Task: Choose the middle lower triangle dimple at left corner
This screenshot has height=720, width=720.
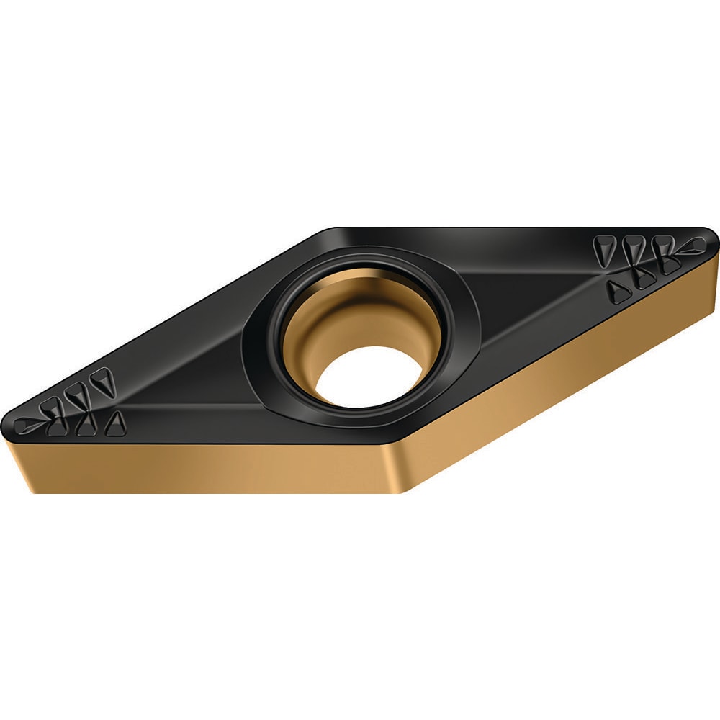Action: pyautogui.click(x=86, y=426)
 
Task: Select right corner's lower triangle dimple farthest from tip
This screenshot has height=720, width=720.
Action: pyautogui.click(x=618, y=289)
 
